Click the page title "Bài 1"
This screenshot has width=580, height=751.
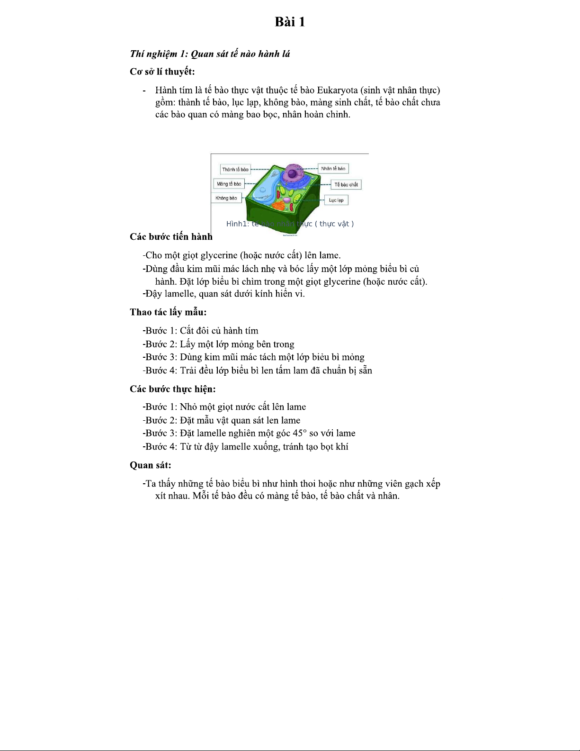click(290, 22)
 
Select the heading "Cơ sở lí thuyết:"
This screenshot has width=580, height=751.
click(162, 72)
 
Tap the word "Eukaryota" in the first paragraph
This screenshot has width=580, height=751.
click(337, 90)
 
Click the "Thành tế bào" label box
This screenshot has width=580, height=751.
click(235, 170)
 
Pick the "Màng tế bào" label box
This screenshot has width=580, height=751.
click(229, 184)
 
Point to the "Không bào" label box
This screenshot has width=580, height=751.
click(226, 198)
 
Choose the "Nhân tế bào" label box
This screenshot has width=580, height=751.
click(333, 169)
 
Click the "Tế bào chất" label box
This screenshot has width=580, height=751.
click(346, 185)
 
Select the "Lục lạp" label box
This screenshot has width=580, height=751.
click(336, 200)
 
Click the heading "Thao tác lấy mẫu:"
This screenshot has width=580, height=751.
click(168, 312)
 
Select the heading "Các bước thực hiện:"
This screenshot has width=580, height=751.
click(173, 389)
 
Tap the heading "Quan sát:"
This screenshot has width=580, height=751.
click(151, 465)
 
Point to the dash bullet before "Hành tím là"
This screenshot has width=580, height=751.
click(144, 90)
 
